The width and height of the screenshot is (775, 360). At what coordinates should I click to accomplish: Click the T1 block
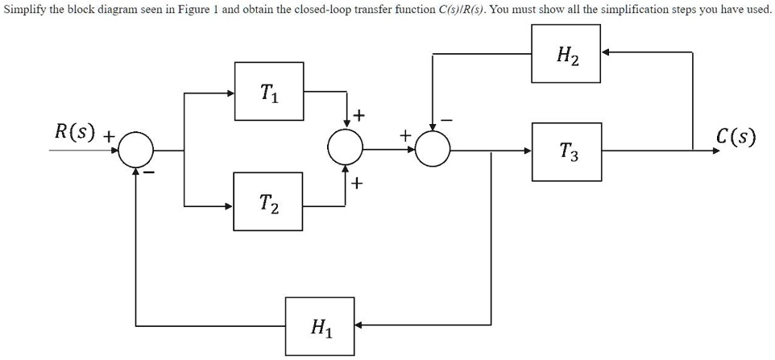(269, 92)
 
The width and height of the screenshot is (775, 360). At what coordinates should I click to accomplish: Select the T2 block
(269, 205)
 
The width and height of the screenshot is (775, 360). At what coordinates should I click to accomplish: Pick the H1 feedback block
(321, 326)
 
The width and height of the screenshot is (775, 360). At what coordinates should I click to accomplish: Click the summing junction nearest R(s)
(136, 150)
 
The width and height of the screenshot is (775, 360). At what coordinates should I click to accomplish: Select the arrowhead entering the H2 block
(607, 52)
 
